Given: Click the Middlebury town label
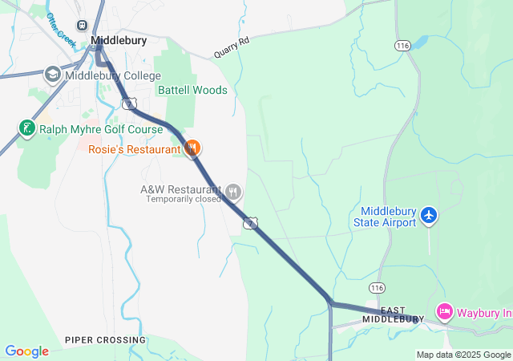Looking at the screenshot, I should coord(119,39).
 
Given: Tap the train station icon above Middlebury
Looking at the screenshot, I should coord(83,25).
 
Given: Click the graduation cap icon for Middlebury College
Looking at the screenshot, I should coord(53,75).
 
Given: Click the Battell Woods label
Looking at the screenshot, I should coord(192,90).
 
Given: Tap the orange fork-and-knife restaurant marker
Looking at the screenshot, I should coord(192,148).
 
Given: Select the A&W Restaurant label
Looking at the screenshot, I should coord(180,189).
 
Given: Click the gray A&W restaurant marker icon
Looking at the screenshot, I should coord(233,191).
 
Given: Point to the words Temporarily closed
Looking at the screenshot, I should coord(184,199).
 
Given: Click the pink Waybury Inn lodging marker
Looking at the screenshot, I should coord(444,310).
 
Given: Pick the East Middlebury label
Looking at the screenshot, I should coord(393,314).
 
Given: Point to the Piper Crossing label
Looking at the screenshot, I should coord(106,340).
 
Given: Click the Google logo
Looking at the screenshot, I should coord(26,351).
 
